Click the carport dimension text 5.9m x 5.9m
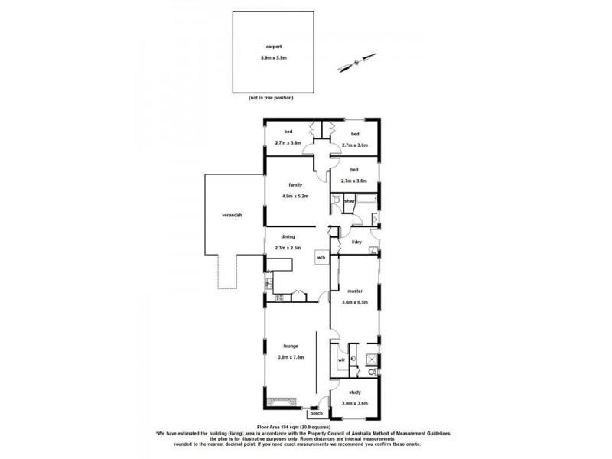click(271, 57)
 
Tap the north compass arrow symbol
click(356, 62)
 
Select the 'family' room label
click(295, 185)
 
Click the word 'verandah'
click(232, 216)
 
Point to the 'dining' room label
click(288, 236)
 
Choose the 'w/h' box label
click(321, 258)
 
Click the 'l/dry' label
click(356, 242)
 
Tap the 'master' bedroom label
click(354, 291)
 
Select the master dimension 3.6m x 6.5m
click(354, 302)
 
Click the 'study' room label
click(355, 392)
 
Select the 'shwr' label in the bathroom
click(349, 201)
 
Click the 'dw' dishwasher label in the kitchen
click(269, 272)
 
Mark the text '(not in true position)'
click(271, 98)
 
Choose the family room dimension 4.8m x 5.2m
click(295, 197)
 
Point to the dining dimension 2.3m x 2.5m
click(288, 248)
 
